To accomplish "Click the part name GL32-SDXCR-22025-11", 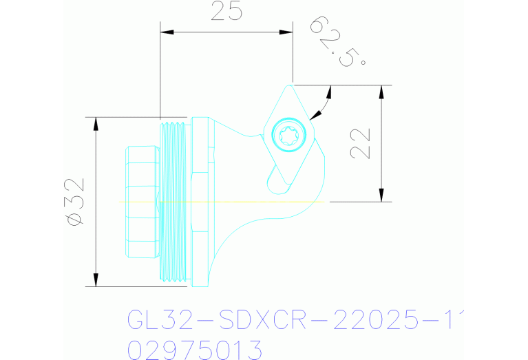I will tap(293, 319).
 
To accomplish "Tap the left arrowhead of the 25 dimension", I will tap(165, 32).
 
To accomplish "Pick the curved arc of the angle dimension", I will tap(324, 103).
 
